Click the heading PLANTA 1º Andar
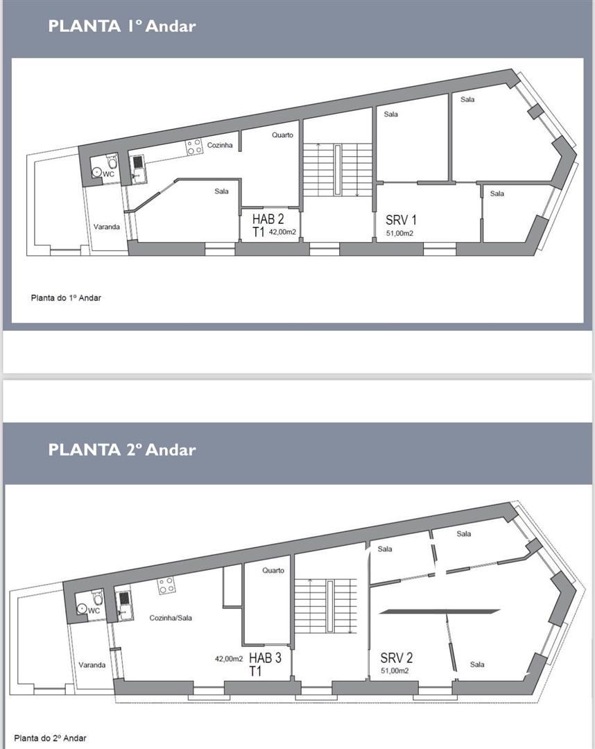point(122,26)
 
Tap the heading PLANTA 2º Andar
point(122,449)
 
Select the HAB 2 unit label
point(268,219)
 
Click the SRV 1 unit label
point(401,220)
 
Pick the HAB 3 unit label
point(265,657)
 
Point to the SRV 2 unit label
point(397,657)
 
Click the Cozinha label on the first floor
point(220,145)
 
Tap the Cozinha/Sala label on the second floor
point(171,618)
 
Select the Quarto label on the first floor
point(283,135)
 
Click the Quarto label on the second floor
point(273,570)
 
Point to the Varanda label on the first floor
point(107,226)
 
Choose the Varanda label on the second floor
point(92,664)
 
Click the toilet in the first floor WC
point(111,162)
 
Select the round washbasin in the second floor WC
point(82,609)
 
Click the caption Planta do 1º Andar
point(66,298)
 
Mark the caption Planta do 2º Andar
point(50,738)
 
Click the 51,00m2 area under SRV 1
point(399,234)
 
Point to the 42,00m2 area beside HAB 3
point(229,659)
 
